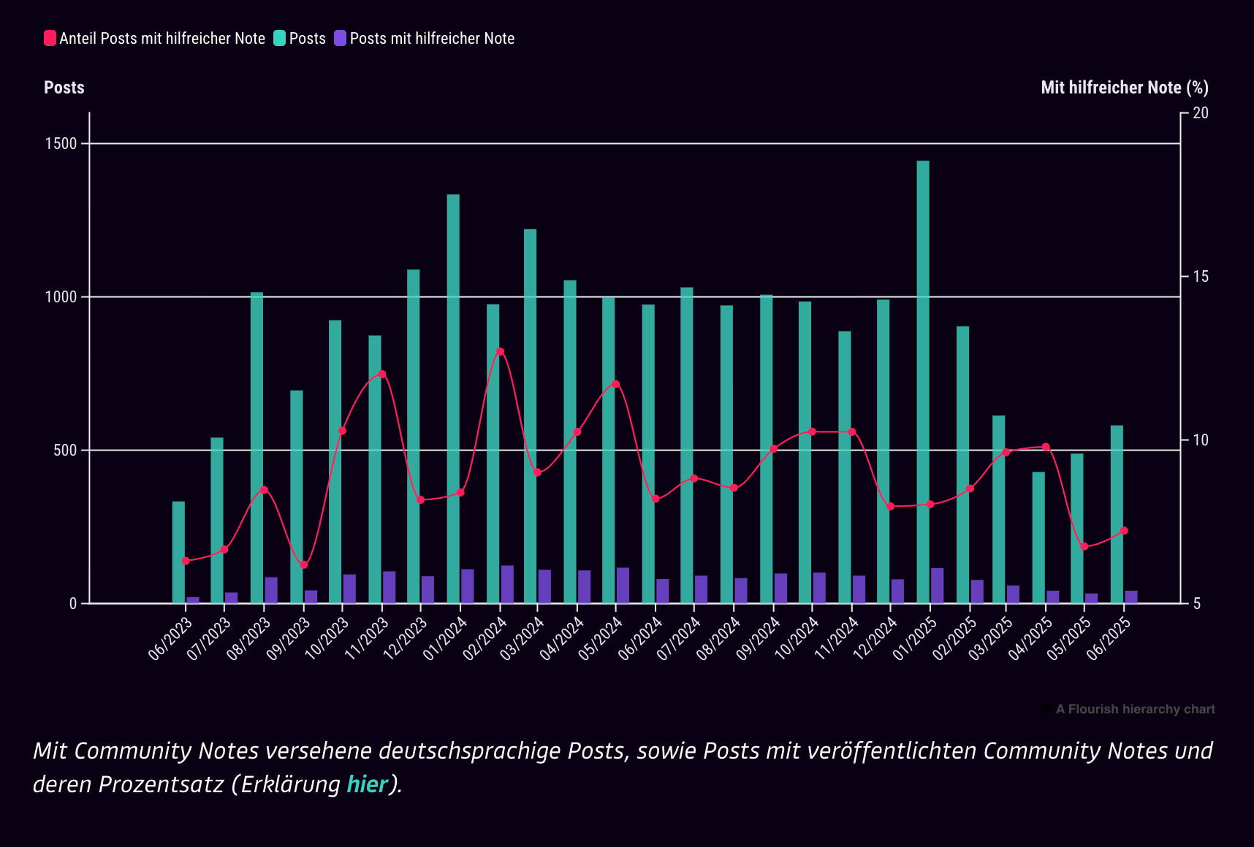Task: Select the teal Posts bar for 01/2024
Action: (453, 399)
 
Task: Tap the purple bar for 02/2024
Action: (507, 584)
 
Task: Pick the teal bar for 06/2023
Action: (178, 552)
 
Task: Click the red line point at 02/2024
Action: (500, 352)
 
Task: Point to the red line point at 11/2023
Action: (382, 375)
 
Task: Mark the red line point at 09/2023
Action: (304, 565)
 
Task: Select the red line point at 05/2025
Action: (1084, 546)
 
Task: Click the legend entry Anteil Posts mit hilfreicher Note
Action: (161, 39)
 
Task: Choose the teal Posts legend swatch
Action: (280, 39)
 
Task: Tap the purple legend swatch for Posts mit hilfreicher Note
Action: (341, 39)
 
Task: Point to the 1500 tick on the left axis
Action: (61, 144)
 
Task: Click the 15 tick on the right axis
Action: (1200, 277)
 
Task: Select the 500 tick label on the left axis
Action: (65, 451)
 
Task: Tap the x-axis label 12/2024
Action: (875, 638)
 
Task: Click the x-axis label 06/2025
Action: (1109, 638)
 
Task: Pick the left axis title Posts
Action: (64, 88)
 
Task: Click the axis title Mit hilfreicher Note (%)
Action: (1124, 88)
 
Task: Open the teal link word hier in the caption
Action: (367, 784)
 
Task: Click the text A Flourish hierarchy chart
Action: (1135, 709)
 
